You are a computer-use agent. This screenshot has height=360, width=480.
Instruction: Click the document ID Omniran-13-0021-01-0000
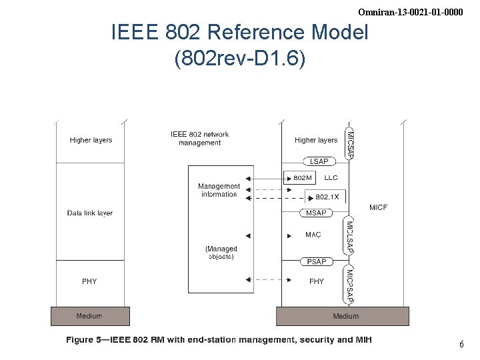click(410, 12)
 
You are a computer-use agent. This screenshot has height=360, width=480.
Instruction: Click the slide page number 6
click(461, 345)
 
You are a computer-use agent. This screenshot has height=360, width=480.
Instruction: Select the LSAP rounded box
click(319, 161)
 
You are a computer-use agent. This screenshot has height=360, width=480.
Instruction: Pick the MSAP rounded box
click(316, 213)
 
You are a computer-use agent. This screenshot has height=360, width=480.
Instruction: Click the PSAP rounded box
click(316, 261)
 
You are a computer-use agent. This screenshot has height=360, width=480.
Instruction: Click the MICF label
click(378, 207)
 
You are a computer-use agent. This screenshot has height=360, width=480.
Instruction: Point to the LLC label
click(331, 178)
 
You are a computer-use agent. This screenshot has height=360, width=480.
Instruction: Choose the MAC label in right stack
click(313, 235)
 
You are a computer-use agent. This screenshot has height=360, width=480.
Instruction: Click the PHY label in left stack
click(89, 281)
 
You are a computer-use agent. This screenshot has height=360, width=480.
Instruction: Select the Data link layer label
click(90, 213)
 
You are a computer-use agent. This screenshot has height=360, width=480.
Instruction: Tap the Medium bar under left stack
click(89, 315)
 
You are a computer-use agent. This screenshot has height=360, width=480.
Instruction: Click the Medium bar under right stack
click(345, 315)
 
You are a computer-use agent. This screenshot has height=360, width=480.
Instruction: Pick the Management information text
click(219, 190)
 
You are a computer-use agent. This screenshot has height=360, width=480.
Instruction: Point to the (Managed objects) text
click(221, 253)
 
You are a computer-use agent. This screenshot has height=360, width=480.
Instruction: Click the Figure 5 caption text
click(219, 340)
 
